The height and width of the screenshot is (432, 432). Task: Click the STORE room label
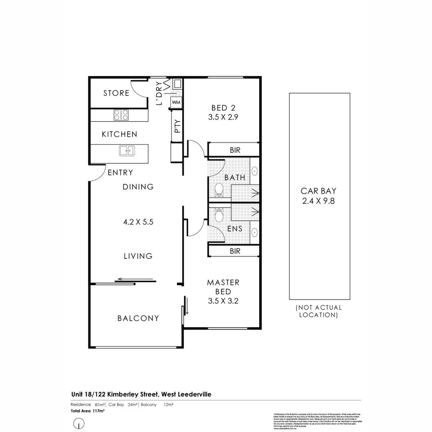point(116,93)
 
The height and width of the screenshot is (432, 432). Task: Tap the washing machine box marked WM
point(176,102)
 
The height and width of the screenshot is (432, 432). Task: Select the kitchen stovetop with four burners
point(121,115)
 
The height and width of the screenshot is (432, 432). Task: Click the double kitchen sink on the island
point(127,150)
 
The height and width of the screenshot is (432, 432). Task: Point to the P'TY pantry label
point(177,127)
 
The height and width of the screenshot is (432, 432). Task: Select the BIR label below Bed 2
point(235,150)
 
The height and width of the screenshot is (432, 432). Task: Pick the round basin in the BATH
point(254,171)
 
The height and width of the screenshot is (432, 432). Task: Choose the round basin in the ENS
point(254,232)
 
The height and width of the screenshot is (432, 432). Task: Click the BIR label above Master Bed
point(235,251)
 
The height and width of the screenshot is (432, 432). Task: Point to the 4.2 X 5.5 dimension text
point(138,221)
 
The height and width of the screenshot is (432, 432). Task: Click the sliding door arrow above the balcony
point(136,279)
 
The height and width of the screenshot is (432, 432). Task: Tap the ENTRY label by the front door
point(120,173)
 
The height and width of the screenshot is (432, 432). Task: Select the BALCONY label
point(138,318)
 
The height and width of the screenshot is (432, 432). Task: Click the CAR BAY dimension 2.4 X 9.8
point(318,201)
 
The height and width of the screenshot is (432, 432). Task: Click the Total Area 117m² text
point(88,411)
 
